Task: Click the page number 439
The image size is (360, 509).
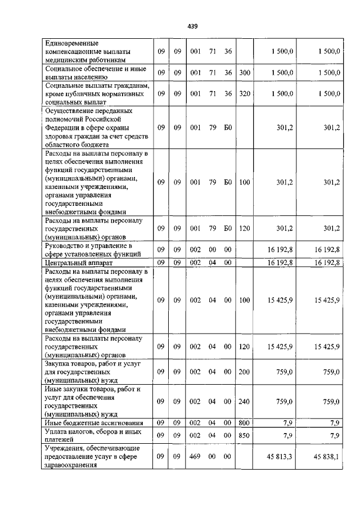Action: coord(193,26)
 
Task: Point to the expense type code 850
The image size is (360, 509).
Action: coord(244,435)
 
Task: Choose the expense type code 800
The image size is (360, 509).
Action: coord(244,422)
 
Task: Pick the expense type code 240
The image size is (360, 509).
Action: coord(244,401)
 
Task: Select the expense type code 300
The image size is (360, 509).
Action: coord(244,73)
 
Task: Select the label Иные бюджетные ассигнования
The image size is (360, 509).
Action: coord(94,422)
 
